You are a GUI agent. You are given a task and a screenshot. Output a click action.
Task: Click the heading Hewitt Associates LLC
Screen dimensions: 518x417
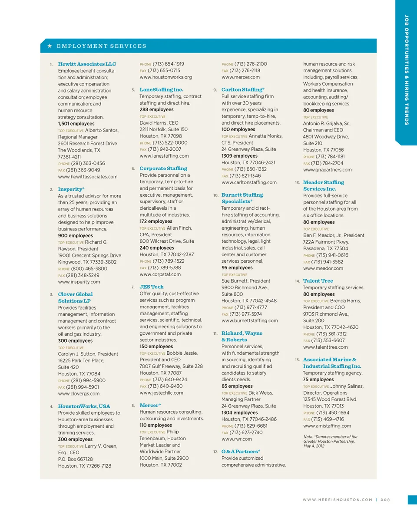tap(87, 64)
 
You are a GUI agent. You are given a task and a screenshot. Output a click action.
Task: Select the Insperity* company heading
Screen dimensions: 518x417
tap(71, 189)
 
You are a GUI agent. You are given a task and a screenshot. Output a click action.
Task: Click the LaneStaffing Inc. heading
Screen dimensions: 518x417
tap(161, 89)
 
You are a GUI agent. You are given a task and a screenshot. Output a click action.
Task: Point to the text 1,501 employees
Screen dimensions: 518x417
tap(76, 124)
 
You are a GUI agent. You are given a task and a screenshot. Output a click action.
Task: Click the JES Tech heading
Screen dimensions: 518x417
tap(152, 287)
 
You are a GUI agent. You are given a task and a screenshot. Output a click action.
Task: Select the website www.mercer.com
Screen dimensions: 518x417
tap(241, 77)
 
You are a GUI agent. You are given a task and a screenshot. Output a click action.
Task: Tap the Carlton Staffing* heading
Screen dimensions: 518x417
tap(243, 89)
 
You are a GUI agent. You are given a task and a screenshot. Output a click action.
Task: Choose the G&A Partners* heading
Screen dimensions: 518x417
tap(241, 452)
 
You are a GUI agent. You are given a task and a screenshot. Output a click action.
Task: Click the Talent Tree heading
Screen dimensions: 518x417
tap(318, 281)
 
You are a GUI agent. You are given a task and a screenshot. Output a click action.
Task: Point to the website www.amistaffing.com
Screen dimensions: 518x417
tap(327, 426)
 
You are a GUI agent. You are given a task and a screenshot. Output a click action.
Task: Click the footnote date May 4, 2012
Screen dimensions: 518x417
tap(314, 446)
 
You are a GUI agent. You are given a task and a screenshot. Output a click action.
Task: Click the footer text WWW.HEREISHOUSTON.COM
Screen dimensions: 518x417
tap(337, 500)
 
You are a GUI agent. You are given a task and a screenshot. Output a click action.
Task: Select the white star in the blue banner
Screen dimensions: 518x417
tap(50, 46)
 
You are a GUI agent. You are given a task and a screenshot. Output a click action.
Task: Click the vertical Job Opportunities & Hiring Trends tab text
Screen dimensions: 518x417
tap(407, 69)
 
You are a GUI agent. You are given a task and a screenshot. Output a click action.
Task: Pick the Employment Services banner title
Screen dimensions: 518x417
tap(102, 46)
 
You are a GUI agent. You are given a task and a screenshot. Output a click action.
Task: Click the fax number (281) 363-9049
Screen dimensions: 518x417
tap(83, 170)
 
